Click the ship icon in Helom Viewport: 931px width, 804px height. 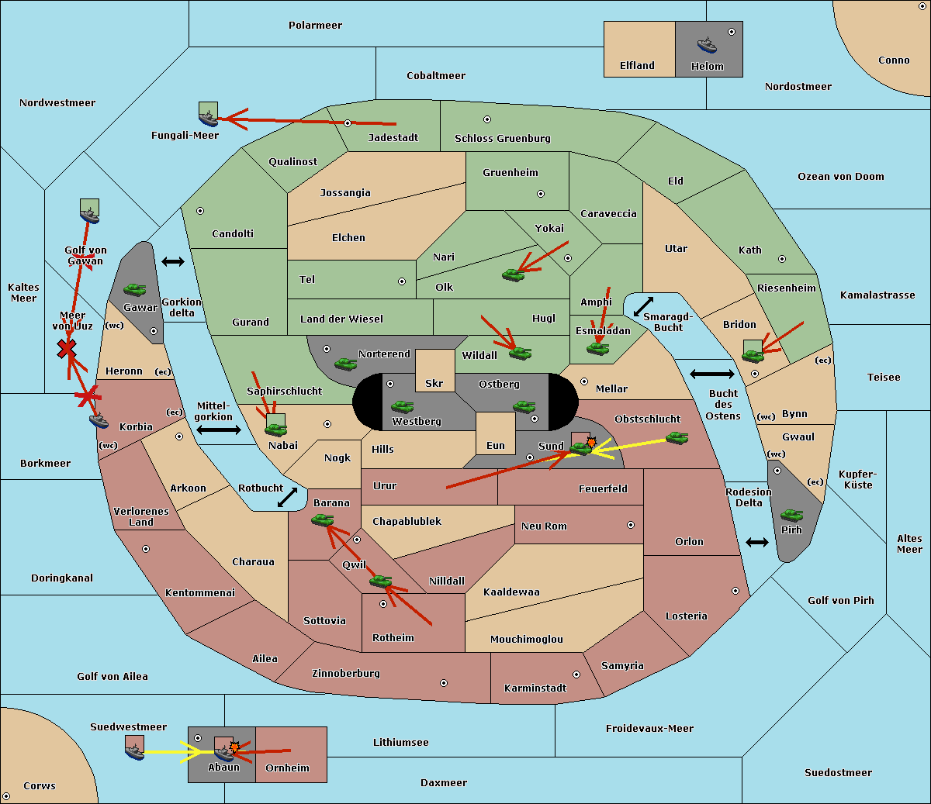pyautogui.click(x=707, y=46)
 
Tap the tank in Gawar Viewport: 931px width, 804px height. pyautogui.click(x=135, y=289)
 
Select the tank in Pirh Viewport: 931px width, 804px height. pyautogui.click(x=791, y=515)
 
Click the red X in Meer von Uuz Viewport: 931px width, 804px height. pyautogui.click(x=67, y=349)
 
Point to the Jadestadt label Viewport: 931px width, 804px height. pyautogui.click(x=393, y=138)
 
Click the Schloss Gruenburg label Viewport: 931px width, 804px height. pyautogui.click(x=503, y=138)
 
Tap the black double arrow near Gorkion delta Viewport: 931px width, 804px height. pyautogui.click(x=173, y=261)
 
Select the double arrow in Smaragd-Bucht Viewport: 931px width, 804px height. pyautogui.click(x=643, y=306)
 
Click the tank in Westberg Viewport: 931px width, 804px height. pyautogui.click(x=402, y=407)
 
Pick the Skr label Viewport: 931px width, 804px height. pyautogui.click(x=434, y=383)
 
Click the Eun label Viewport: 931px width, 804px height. pyautogui.click(x=496, y=445)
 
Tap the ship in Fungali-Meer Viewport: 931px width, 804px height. pyautogui.click(x=208, y=119)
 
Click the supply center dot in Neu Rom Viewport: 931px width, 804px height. pyautogui.click(x=631, y=525)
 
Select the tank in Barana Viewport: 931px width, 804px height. pyautogui.click(x=323, y=520)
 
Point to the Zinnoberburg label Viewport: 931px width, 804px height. pyautogui.click(x=346, y=674)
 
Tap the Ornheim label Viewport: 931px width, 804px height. pyautogui.click(x=287, y=768)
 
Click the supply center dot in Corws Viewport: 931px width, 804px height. pyautogui.click(x=6, y=796)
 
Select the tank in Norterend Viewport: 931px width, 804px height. pyautogui.click(x=345, y=364)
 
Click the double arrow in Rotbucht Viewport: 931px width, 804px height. pyautogui.click(x=287, y=498)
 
